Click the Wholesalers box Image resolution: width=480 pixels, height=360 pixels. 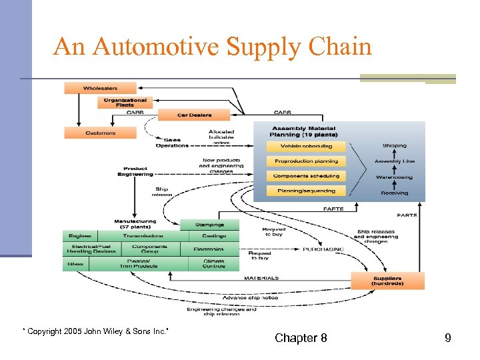(100, 88)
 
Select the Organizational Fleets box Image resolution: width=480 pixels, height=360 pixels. (125, 102)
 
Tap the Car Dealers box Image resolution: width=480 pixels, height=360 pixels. (194, 115)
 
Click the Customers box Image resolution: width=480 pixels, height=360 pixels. (100, 133)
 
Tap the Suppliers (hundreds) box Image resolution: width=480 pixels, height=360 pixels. (387, 281)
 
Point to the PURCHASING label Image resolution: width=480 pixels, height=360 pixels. (323, 249)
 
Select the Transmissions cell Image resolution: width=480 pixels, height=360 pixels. (143, 236)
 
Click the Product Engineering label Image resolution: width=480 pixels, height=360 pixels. (135, 171)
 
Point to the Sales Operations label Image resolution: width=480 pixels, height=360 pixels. (172, 143)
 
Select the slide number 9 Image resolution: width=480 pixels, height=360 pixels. (448, 338)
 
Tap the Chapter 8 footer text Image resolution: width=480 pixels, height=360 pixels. (301, 338)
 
